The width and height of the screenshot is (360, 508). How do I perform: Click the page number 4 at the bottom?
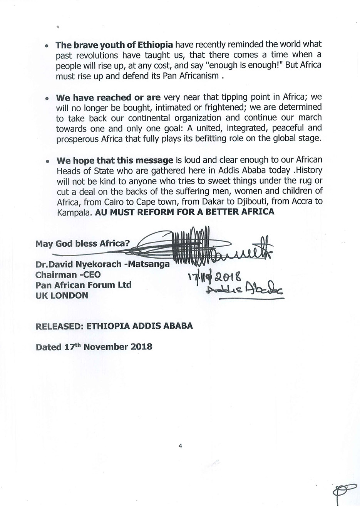pyautogui.click(x=180, y=446)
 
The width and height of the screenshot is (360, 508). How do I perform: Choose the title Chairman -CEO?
pyautogui.click(x=68, y=275)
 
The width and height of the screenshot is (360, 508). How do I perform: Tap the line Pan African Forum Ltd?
pyautogui.click(x=83, y=285)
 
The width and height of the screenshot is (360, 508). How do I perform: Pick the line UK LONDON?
pyautogui.click(x=62, y=296)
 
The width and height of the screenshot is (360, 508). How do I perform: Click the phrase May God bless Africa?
pyautogui.click(x=83, y=243)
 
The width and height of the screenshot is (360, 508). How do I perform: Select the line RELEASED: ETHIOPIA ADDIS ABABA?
pyautogui.click(x=114, y=326)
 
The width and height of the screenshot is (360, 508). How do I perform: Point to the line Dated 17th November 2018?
pyautogui.click(x=94, y=346)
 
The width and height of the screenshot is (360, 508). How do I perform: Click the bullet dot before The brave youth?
pyautogui.click(x=47, y=45)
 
